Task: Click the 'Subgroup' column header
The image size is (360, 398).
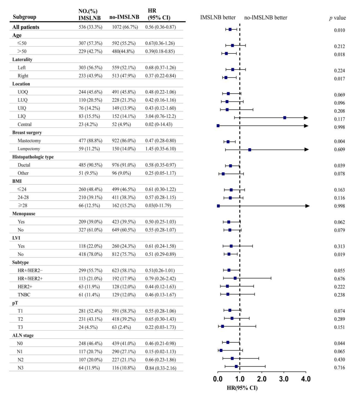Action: [24, 17]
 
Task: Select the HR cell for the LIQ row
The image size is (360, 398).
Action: [160, 116]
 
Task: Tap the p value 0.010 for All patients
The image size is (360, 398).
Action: [339, 30]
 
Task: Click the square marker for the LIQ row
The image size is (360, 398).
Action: [285, 118]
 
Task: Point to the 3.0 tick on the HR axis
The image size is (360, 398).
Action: [284, 379]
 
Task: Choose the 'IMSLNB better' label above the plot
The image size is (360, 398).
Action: [218, 17]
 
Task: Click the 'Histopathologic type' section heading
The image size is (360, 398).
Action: [33, 157]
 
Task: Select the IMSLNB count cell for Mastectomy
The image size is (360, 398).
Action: [90, 140]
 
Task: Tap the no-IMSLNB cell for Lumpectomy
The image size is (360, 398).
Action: [124, 149]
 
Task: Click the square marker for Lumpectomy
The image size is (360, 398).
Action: [250, 150]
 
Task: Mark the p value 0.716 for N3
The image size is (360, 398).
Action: [339, 368]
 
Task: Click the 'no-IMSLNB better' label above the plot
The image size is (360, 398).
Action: [266, 17]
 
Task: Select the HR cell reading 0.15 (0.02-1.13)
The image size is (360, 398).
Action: [160, 351]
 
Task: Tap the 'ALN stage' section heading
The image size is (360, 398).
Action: [23, 335]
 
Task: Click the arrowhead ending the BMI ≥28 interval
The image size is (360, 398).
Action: [308, 206]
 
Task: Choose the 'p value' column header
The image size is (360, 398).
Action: [337, 18]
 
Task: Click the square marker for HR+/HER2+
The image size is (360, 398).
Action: [235, 278]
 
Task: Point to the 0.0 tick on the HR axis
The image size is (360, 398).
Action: [218, 379]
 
